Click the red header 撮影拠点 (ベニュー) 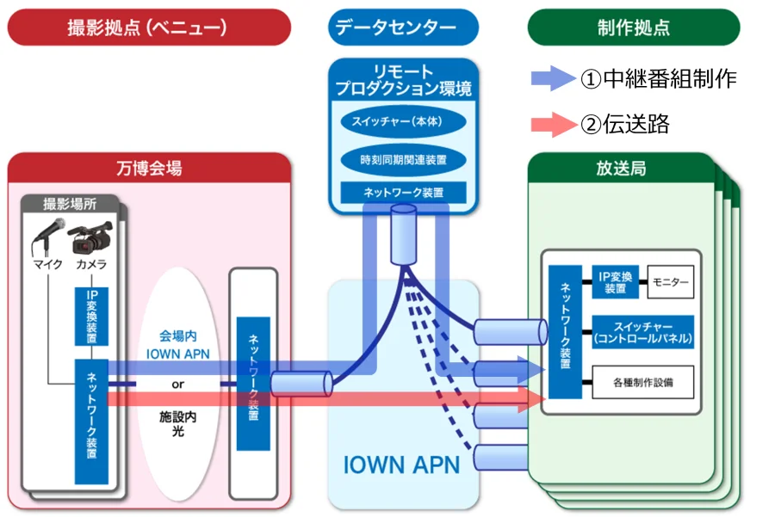[147, 27]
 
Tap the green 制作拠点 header [633, 27]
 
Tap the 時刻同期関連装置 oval [403, 159]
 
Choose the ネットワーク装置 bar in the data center [403, 193]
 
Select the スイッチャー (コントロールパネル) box [642, 331]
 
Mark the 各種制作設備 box [642, 381]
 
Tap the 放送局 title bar [620, 168]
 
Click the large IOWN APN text [401, 465]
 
